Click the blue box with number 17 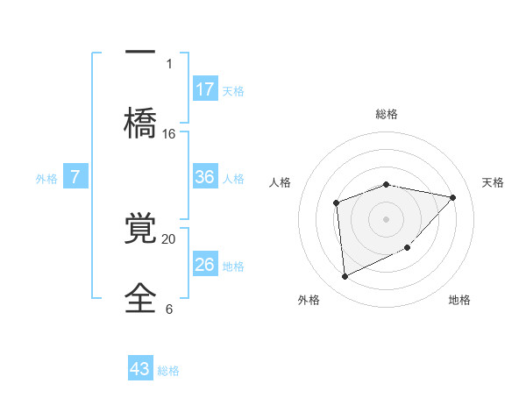pyautogui.click(x=205, y=89)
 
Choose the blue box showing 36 pyautogui.click(x=205, y=177)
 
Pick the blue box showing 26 pyautogui.click(x=205, y=264)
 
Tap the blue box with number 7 pyautogui.click(x=75, y=177)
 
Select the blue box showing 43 pyautogui.click(x=140, y=369)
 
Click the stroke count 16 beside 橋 pyautogui.click(x=169, y=134)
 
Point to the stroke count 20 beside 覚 pyautogui.click(x=169, y=238)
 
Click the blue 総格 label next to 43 pyautogui.click(x=168, y=371)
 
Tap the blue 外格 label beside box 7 pyautogui.click(x=46, y=179)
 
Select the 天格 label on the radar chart pyautogui.click(x=493, y=182)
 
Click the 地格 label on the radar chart pyautogui.click(x=459, y=300)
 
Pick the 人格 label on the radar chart pyautogui.click(x=281, y=182)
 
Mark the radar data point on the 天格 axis pyautogui.click(x=452, y=197)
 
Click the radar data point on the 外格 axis pyautogui.click(x=345, y=277)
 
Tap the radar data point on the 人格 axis pyautogui.click(x=337, y=203)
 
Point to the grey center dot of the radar pyautogui.click(x=386, y=218)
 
